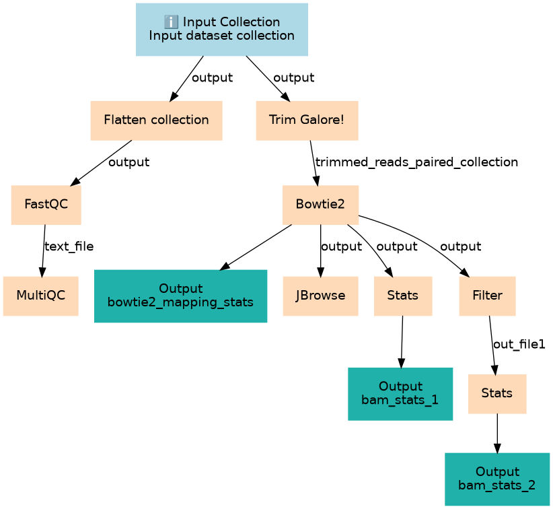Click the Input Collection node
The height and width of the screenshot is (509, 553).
[221, 29]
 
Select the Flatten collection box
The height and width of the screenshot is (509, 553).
[156, 121]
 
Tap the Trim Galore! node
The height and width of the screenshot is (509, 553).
[307, 121]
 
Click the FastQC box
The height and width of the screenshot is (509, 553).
[46, 205]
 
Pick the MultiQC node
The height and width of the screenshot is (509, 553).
[40, 296]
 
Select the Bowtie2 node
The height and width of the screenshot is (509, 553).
[320, 205]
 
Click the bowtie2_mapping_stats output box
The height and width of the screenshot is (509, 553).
[180, 296]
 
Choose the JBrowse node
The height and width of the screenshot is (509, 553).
[320, 296]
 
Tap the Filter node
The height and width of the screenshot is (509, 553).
[487, 296]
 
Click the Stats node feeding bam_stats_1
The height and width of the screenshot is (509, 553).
[402, 296]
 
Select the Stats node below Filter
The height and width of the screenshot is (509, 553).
[497, 394]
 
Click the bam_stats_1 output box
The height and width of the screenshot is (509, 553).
[400, 394]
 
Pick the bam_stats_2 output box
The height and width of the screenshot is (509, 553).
[497, 478]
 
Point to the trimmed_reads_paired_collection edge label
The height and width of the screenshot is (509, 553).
[416, 162]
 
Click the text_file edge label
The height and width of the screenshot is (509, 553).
[69, 247]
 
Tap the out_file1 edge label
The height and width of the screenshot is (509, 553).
[519, 345]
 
